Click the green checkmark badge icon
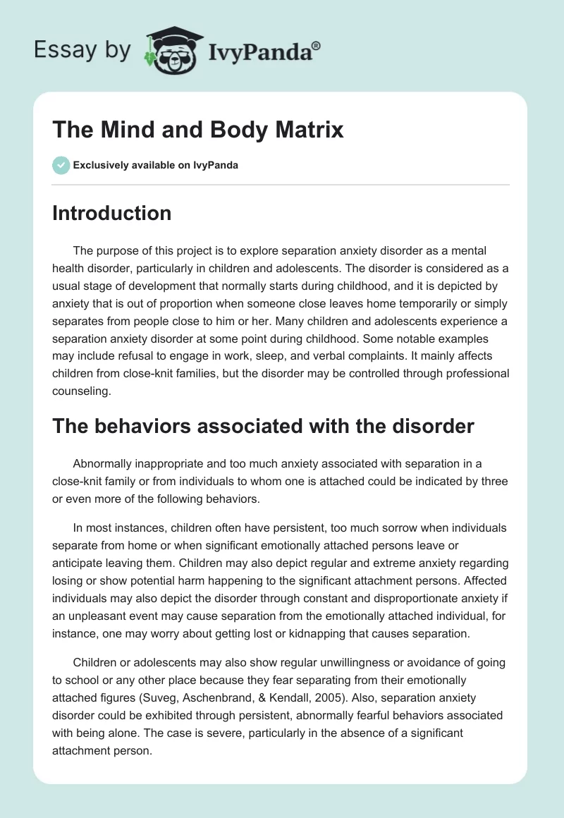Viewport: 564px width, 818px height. point(61,165)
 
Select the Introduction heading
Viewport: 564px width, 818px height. point(111,213)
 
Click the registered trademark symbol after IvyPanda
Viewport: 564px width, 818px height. point(317,46)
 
